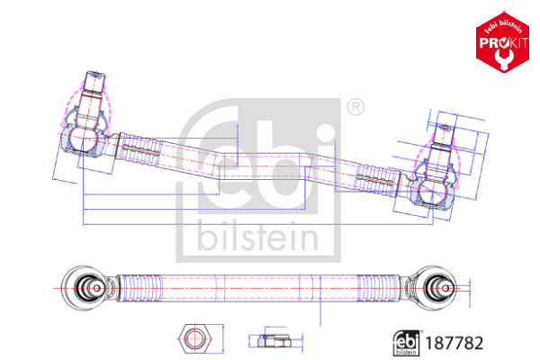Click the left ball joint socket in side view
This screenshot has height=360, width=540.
tap(81, 140)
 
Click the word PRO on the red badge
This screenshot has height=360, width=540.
tap(487, 43)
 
